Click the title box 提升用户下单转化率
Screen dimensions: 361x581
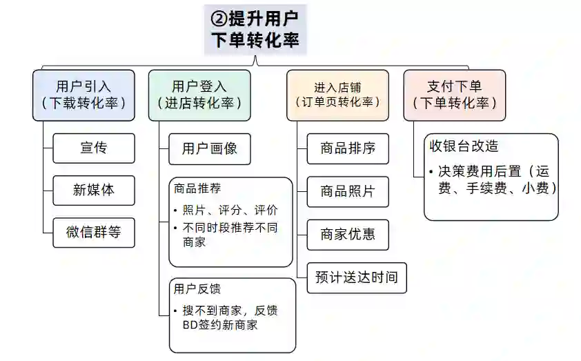click(255, 30)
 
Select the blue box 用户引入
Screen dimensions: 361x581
click(83, 95)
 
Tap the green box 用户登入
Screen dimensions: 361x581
click(199, 95)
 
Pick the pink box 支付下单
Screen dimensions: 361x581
click(454, 95)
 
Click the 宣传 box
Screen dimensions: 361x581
click(93, 148)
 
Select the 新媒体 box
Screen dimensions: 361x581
click(93, 190)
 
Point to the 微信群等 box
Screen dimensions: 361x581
click(93, 232)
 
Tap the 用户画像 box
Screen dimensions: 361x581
click(209, 148)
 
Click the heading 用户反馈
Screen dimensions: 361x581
click(198, 289)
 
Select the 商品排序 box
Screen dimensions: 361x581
click(347, 148)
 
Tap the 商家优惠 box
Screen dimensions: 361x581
click(347, 233)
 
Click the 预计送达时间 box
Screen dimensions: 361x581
click(356, 277)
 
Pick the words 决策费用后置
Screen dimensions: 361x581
click(474, 171)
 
